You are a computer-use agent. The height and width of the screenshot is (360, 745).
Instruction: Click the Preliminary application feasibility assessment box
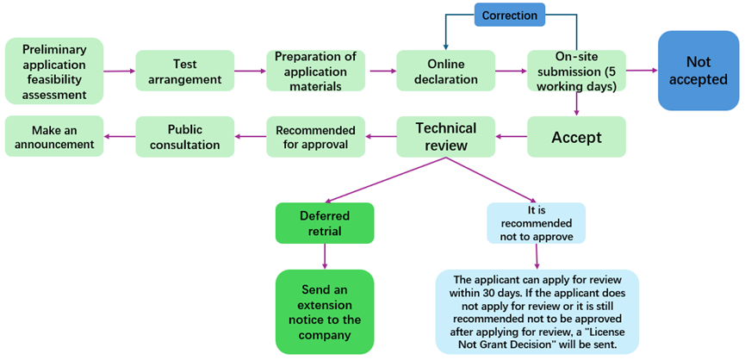53,71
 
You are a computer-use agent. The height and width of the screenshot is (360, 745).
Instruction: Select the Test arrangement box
184,71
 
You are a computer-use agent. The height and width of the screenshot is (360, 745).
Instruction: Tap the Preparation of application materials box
315,71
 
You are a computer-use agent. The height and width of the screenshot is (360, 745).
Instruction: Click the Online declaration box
445,71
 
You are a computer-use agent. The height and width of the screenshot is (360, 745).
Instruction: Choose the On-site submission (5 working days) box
576,71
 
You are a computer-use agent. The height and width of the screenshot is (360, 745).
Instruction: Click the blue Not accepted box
699,71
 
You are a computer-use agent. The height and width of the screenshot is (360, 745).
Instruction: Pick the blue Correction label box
510,15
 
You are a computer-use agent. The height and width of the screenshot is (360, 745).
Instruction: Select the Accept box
576,137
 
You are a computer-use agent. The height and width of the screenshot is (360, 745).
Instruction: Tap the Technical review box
445,137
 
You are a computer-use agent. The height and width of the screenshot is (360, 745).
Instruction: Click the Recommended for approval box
315,137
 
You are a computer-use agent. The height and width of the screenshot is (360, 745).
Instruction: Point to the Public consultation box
184,137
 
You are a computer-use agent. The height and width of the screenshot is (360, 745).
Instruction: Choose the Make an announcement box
53,137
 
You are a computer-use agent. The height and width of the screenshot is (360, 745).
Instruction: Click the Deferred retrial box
325,223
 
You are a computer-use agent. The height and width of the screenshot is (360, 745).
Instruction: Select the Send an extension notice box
325,311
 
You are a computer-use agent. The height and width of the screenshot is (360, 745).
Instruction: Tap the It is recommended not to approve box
536,223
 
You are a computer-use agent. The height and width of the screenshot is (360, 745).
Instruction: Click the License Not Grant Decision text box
537,311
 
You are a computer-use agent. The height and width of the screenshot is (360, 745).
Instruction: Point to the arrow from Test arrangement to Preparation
250,71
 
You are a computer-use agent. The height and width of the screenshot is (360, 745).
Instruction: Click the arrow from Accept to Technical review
513,137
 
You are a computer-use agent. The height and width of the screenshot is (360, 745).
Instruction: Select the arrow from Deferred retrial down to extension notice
325,257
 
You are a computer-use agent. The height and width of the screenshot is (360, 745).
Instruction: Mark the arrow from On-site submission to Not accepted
642,71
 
